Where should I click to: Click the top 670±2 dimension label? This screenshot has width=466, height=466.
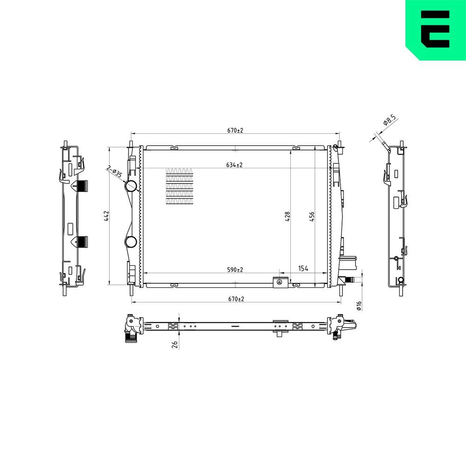pos(236,130)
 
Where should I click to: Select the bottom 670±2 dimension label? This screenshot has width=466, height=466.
pos(236,299)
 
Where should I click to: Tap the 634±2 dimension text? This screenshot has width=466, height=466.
pos(235,165)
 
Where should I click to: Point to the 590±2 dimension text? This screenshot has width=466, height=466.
pos(235,269)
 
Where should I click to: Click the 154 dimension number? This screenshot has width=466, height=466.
pos(303,269)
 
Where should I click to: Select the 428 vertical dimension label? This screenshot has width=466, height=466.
pos(288,215)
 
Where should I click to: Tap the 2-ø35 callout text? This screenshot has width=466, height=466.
pos(114,172)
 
